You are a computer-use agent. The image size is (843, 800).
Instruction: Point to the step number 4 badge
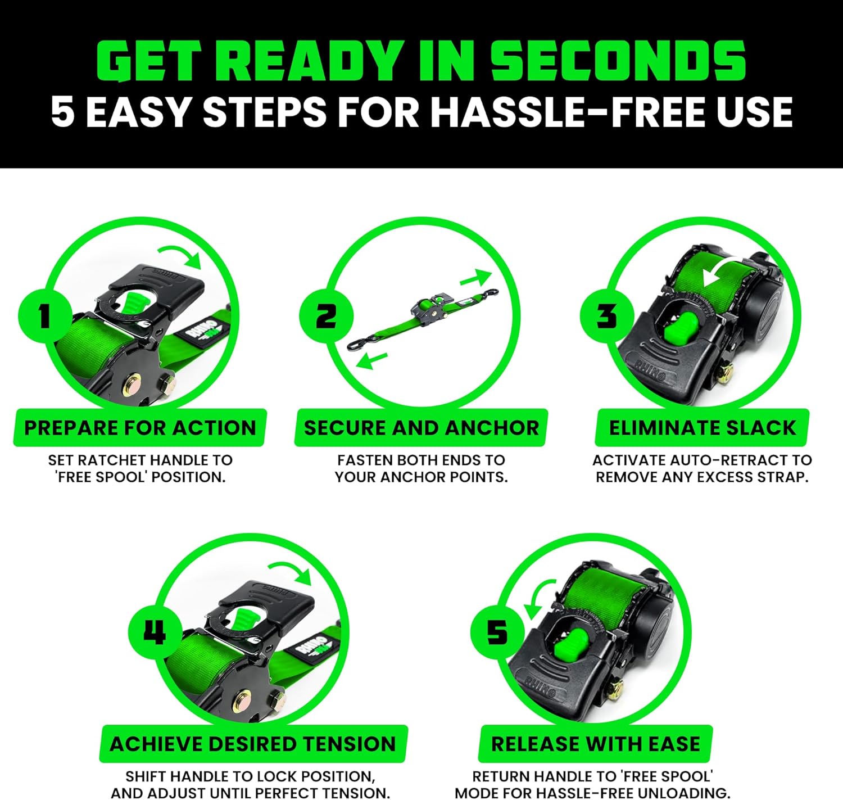[155, 632]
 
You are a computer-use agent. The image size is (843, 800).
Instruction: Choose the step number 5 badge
[497, 632]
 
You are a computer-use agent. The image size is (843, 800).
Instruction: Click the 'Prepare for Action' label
[140, 428]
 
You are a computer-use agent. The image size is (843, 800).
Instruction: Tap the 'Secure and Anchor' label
[421, 428]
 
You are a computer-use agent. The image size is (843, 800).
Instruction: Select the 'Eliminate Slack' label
[702, 428]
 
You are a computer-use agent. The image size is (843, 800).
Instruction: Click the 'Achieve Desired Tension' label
[253, 744]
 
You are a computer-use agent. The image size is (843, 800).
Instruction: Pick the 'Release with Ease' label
[596, 744]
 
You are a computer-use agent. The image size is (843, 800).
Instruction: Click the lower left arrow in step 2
[372, 360]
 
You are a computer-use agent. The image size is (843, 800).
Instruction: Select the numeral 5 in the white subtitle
[62, 111]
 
